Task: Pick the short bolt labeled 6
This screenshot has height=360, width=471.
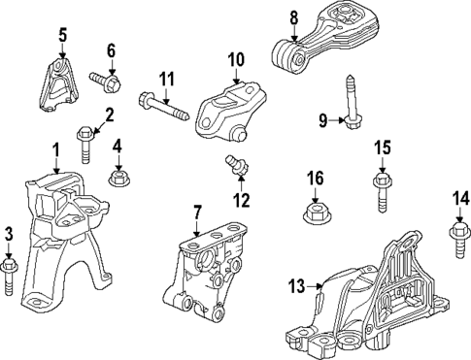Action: pyautogui.click(x=103, y=75)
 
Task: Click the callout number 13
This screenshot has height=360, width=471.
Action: pyautogui.click(x=297, y=285)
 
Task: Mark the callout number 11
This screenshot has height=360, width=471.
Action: pyautogui.click(x=166, y=78)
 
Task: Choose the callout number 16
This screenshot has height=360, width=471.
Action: pyautogui.click(x=314, y=179)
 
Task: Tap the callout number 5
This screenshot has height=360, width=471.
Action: pyautogui.click(x=62, y=38)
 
